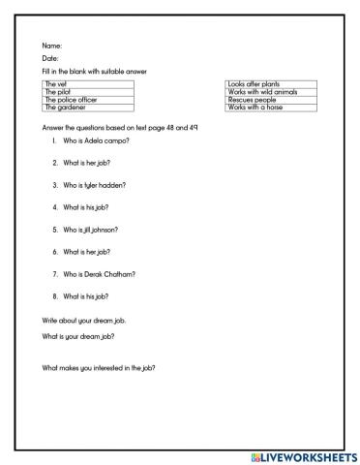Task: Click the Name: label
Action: [x=52, y=46]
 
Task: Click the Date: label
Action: [x=51, y=58]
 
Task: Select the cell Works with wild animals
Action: [x=268, y=92]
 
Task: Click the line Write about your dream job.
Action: [x=84, y=319]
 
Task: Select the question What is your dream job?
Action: [x=79, y=335]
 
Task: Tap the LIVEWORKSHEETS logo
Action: [x=303, y=456]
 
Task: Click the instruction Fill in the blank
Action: [x=95, y=72]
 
